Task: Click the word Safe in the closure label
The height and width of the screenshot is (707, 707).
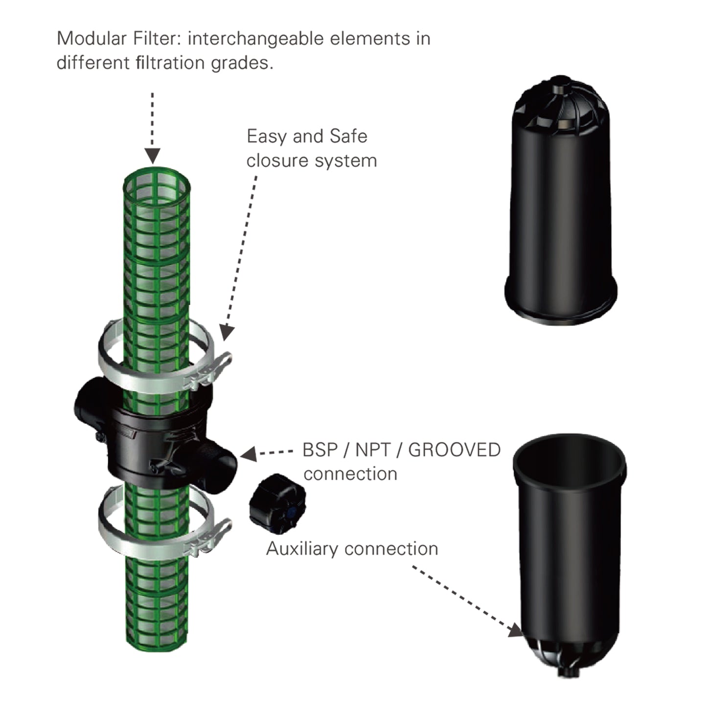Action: pyautogui.click(x=348, y=136)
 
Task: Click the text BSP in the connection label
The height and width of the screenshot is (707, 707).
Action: pyautogui.click(x=319, y=450)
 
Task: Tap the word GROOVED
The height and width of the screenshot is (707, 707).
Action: pyautogui.click(x=454, y=450)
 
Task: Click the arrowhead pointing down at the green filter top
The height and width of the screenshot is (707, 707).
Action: pyautogui.click(x=153, y=156)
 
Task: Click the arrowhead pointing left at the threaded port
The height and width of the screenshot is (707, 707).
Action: pyautogui.click(x=249, y=454)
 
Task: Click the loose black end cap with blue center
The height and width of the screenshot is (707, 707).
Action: pyautogui.click(x=277, y=504)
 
